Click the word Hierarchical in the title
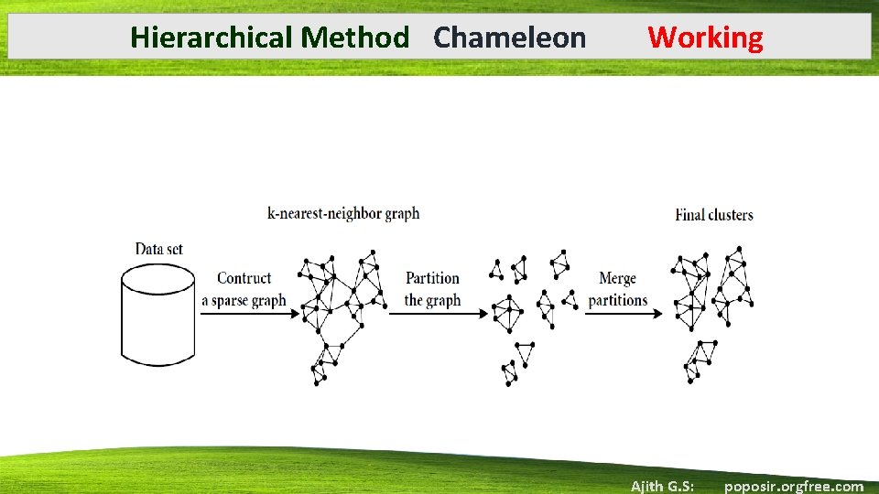[212, 38]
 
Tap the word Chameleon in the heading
[509, 38]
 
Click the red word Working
[705, 38]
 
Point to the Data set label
[158, 249]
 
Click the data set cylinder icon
[157, 317]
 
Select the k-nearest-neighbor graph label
[343, 214]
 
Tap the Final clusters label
[714, 215]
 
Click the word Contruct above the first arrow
[244, 278]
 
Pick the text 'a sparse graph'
[244, 300]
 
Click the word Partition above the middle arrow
[432, 278]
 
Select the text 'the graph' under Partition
[432, 300]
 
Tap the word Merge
[617, 278]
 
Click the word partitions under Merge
[617, 300]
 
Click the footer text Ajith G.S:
[662, 486]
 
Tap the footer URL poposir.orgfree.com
[793, 486]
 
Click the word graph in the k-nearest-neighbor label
[401, 214]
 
